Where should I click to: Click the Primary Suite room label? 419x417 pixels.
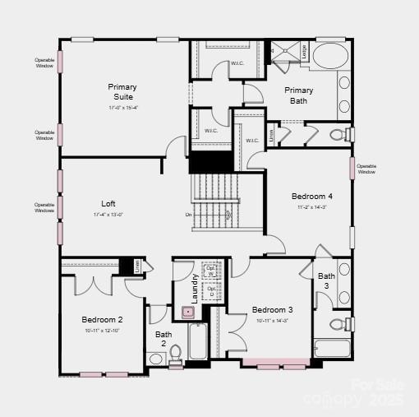tap(122, 91)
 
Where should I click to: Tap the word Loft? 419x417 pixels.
tap(108, 203)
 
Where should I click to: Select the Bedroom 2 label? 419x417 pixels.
tap(103, 319)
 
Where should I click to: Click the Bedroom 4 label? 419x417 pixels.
tap(312, 197)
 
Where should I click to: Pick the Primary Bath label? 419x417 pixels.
tap(299, 95)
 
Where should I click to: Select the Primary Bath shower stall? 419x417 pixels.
tap(287, 52)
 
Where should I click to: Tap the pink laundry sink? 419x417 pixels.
tap(187, 313)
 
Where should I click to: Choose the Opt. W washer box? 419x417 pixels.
tap(211, 271)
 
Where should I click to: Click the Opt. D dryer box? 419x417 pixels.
tap(211, 291)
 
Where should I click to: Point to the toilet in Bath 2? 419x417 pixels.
tap(175, 355)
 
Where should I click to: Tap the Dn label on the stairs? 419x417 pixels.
tap(188, 215)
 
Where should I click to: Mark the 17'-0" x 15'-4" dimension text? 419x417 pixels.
tap(122, 108)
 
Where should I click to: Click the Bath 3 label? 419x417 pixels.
tap(327, 280)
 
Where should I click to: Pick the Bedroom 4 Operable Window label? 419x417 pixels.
tap(366, 169)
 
